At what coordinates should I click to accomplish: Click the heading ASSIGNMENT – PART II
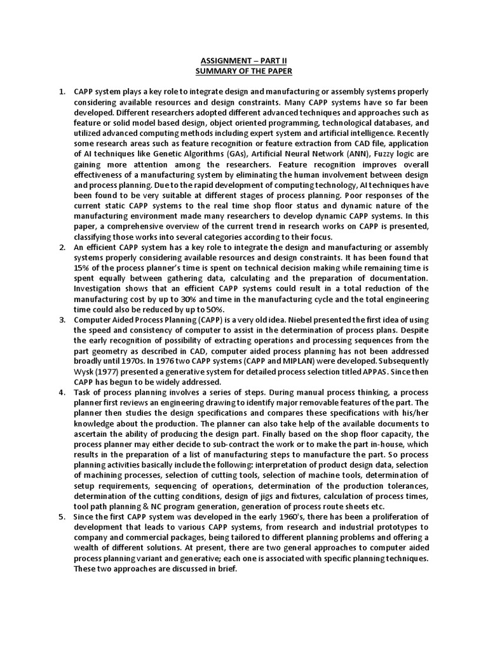(244, 60)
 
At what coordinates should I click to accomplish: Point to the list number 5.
(62, 517)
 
